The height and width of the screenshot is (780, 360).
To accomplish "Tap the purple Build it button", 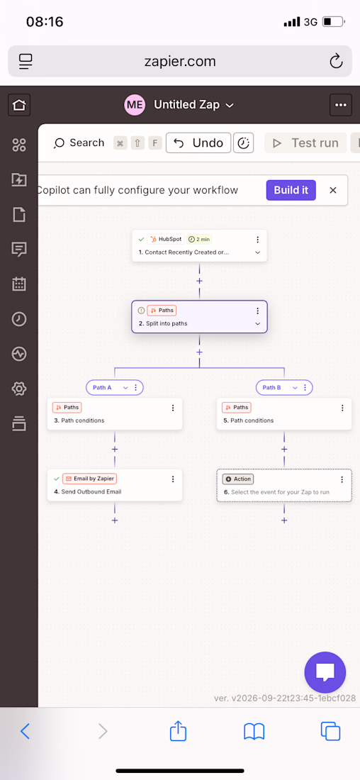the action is [291, 190].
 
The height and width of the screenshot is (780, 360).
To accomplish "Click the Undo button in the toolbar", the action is [198, 143].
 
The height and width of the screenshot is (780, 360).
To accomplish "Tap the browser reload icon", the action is [336, 61].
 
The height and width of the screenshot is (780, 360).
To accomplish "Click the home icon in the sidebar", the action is [19, 105].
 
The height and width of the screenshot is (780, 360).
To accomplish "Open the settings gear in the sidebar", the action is [19, 389].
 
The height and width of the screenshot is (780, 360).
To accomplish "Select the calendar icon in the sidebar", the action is [19, 284].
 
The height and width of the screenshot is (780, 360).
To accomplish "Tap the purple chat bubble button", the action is [325, 672].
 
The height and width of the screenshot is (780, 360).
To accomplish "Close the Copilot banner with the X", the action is [333, 190].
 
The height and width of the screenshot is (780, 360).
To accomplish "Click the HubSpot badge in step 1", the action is [166, 239].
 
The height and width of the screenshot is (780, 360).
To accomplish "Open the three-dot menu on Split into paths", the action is [257, 311].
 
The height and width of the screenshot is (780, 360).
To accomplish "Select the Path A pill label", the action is [103, 387].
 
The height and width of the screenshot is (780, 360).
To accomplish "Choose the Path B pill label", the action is [271, 387].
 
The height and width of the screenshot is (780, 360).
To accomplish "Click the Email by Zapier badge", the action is [89, 479].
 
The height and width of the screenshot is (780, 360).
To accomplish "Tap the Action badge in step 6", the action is [237, 479].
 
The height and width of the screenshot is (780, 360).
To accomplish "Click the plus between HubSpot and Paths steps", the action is [199, 281].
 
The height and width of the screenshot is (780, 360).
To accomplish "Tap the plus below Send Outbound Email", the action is [115, 520].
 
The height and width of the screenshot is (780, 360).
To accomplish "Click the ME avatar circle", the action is [135, 105].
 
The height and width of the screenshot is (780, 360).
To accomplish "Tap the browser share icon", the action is [178, 731].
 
